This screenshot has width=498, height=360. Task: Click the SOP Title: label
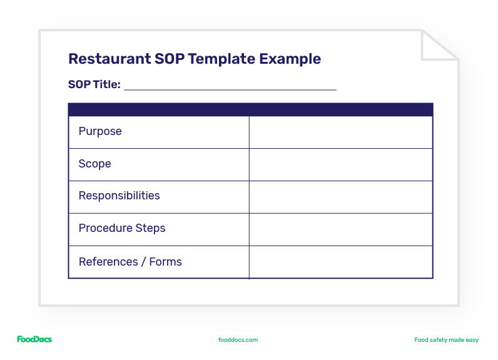click(94, 84)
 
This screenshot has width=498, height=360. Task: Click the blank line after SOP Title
click(230, 86)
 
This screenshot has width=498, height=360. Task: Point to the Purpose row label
click(100, 131)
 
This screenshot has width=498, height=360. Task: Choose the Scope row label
click(95, 164)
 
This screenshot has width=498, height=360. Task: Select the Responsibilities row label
click(119, 196)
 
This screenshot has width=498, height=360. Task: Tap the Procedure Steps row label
click(122, 228)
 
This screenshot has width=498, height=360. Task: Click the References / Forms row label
click(130, 262)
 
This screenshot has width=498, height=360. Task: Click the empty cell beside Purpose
click(340, 132)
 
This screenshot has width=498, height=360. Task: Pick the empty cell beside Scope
click(340, 164)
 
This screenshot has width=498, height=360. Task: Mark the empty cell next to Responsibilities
click(340, 197)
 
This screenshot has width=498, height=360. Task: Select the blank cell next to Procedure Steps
click(340, 229)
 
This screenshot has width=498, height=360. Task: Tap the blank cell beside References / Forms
click(340, 262)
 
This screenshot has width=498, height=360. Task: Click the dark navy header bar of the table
click(250, 109)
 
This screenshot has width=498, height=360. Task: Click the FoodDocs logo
click(34, 339)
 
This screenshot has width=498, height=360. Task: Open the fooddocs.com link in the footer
click(238, 340)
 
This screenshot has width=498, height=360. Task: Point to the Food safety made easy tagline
click(446, 340)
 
